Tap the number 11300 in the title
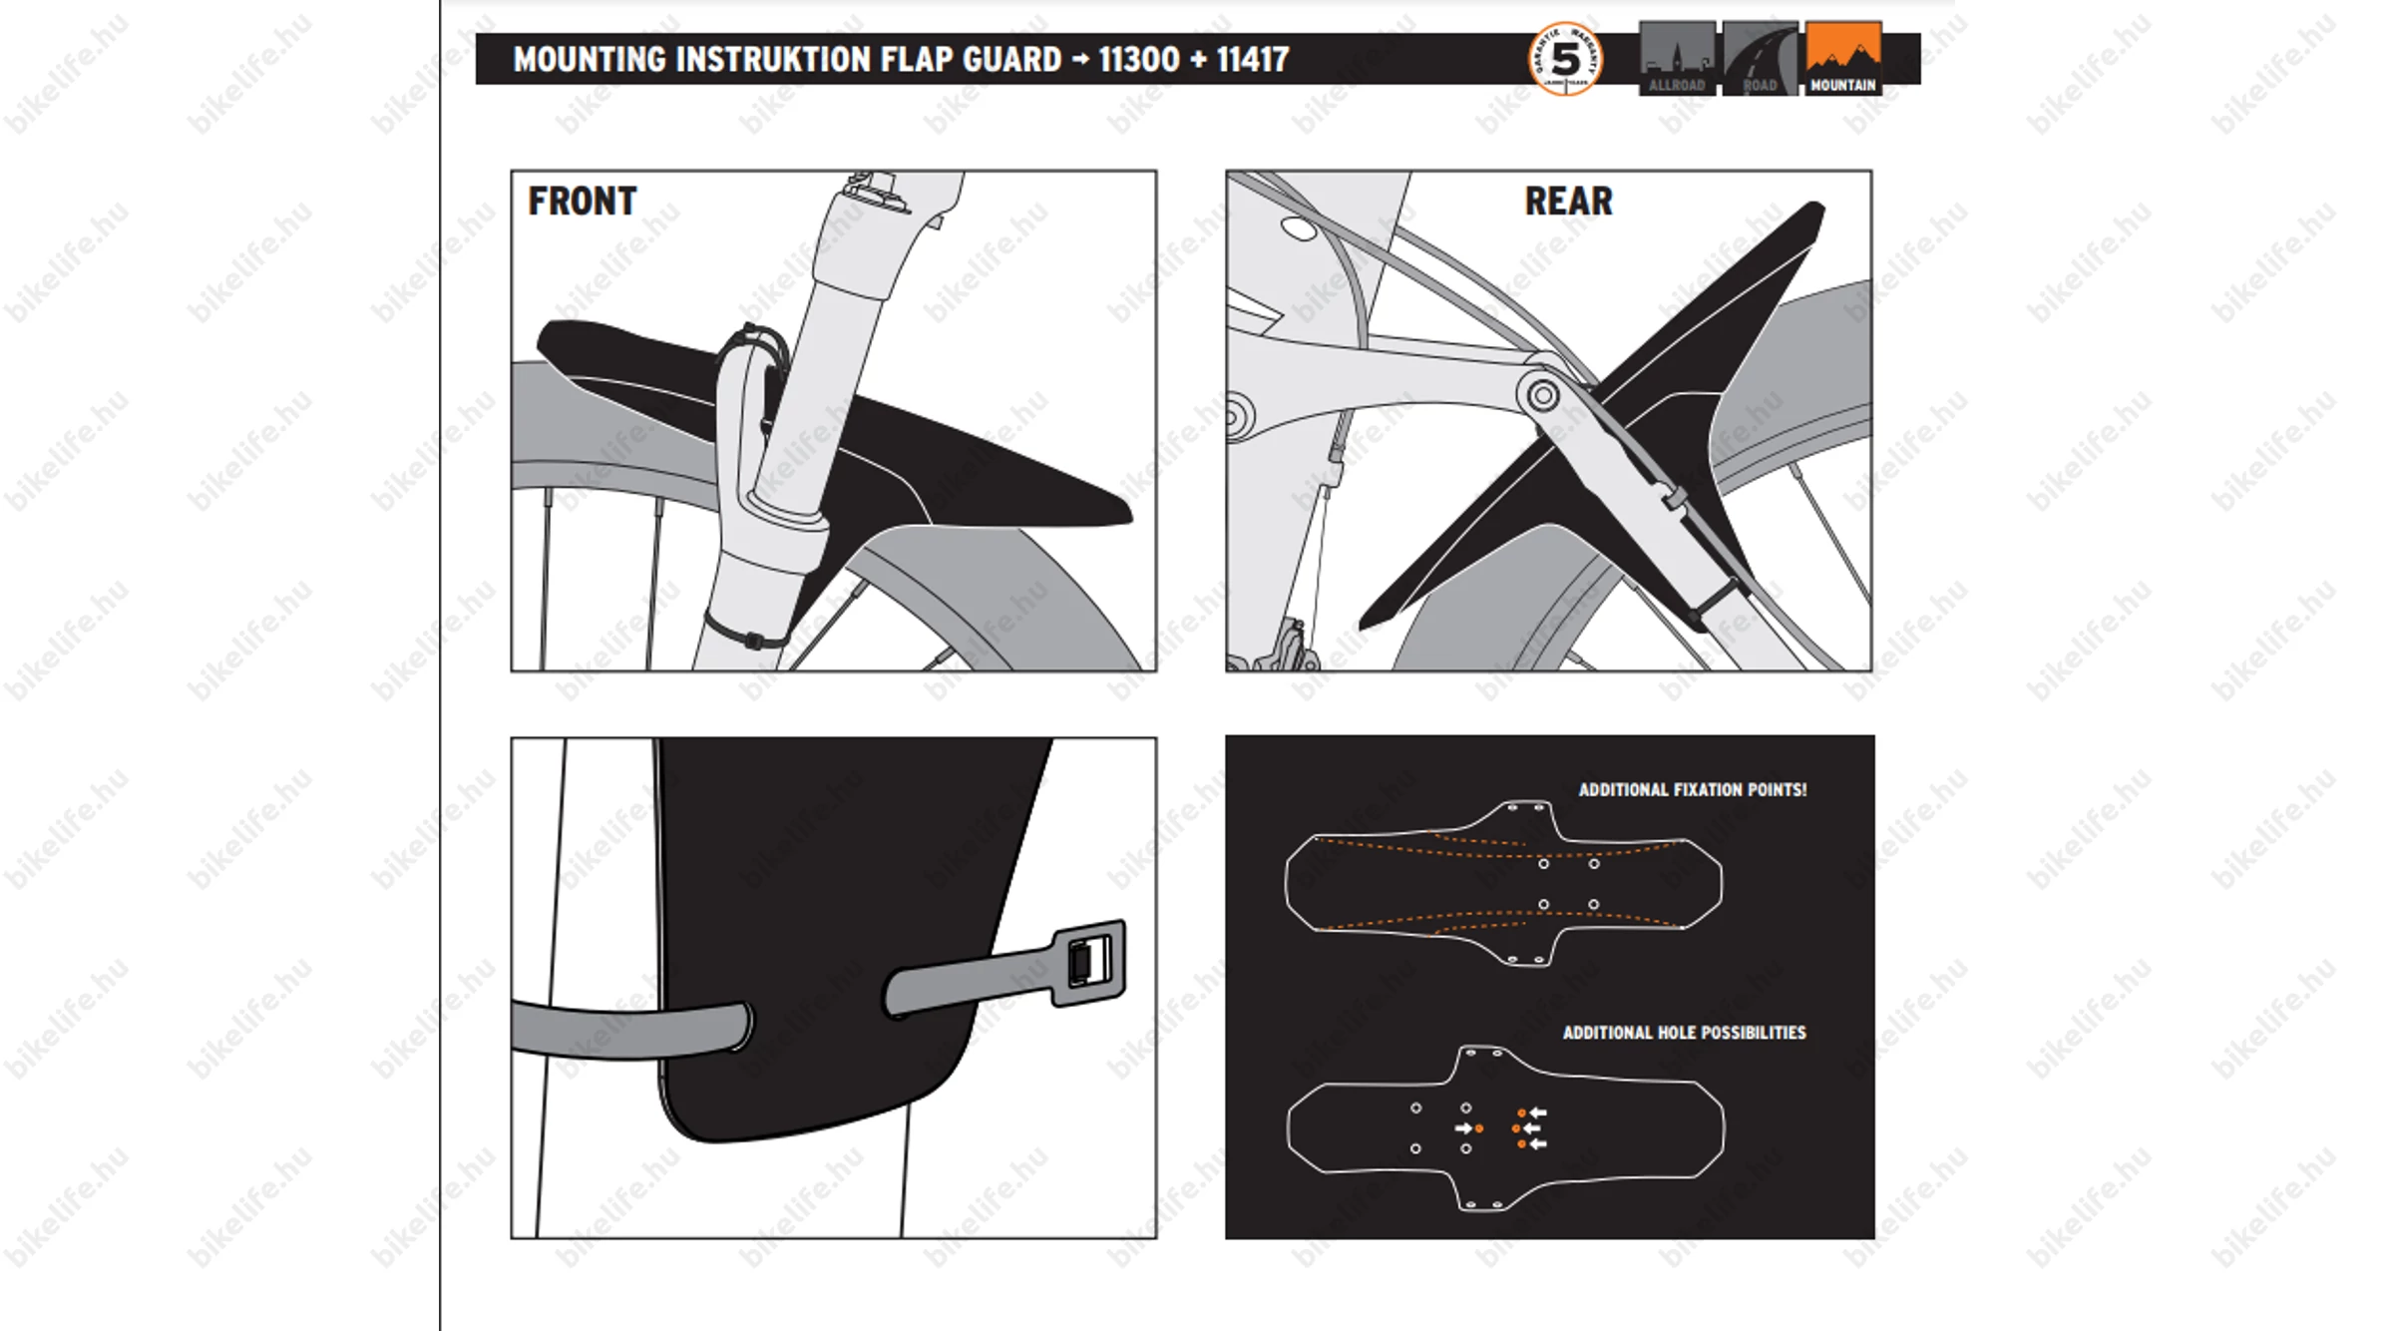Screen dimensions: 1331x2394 tap(1139, 60)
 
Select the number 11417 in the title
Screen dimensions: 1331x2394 tap(1253, 60)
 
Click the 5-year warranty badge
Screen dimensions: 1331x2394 tap(1565, 59)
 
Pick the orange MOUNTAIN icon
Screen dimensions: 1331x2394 tap(1842, 58)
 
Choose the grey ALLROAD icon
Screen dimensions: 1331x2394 tap(1677, 58)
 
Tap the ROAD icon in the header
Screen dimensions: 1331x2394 tap(1760, 58)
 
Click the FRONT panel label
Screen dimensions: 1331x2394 tap(583, 202)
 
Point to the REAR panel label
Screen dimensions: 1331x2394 tap(1568, 202)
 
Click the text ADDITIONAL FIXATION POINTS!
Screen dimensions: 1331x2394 tap(1692, 789)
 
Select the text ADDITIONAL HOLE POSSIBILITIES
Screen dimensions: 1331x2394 tap(1684, 1033)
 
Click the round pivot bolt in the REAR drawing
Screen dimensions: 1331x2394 tap(1542, 395)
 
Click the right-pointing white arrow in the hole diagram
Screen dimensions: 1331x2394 tap(1463, 1128)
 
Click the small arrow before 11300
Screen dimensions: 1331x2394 tap(1080, 60)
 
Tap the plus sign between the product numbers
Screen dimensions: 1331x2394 tap(1198, 60)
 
